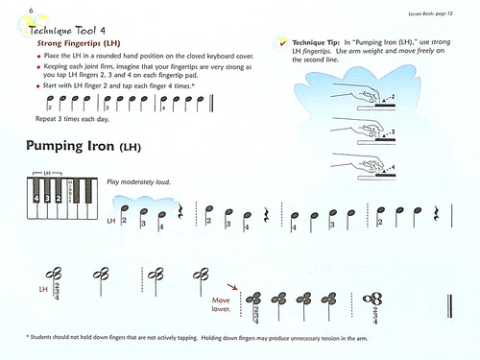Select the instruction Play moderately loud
pos(139,181)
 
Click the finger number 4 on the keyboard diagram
pos(36,199)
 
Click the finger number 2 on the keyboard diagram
pos(59,199)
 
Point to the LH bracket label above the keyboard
pos(46,174)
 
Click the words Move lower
pos(226,304)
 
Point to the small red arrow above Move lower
pos(231,285)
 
